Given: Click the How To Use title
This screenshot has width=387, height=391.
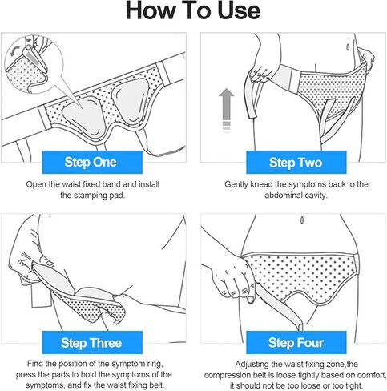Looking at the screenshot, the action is point(193,10).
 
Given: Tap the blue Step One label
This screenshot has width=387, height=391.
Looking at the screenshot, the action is point(92,162).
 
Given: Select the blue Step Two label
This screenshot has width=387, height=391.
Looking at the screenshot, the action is point(296,162).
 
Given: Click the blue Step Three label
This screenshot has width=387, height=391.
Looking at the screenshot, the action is point(92,342).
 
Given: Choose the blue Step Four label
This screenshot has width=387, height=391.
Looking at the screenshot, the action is point(296,342).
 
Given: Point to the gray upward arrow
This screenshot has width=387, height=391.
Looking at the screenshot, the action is point(226,110).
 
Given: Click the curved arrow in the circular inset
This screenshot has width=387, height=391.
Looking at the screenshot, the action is point(14,50).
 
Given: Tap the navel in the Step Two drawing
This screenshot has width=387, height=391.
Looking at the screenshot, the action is point(348,47).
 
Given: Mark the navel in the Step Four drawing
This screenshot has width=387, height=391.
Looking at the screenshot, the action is point(302,220).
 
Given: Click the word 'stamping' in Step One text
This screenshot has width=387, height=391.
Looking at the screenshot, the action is point(90,195).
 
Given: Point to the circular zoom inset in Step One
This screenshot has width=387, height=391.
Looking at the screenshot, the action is point(34,64).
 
